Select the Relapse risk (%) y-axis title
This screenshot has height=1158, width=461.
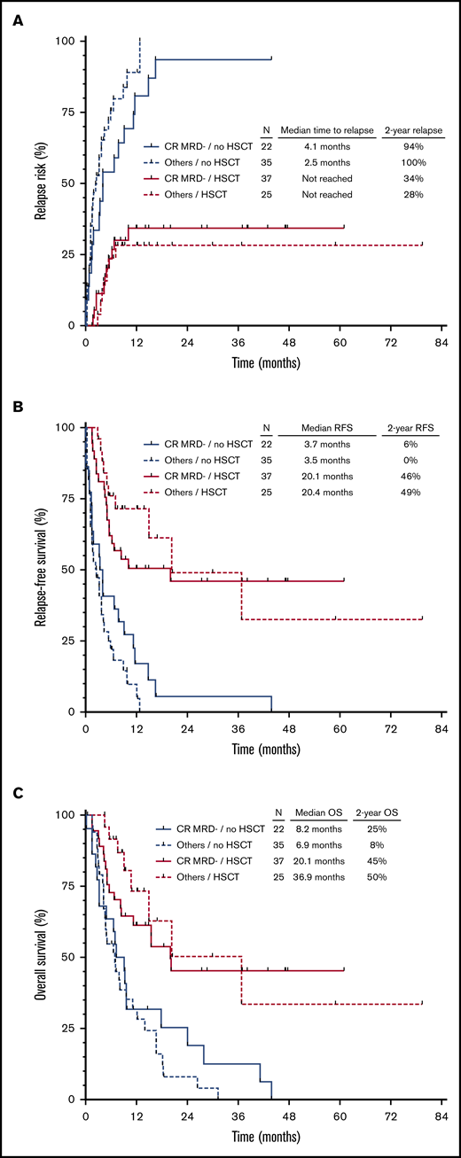click(x=41, y=183)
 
